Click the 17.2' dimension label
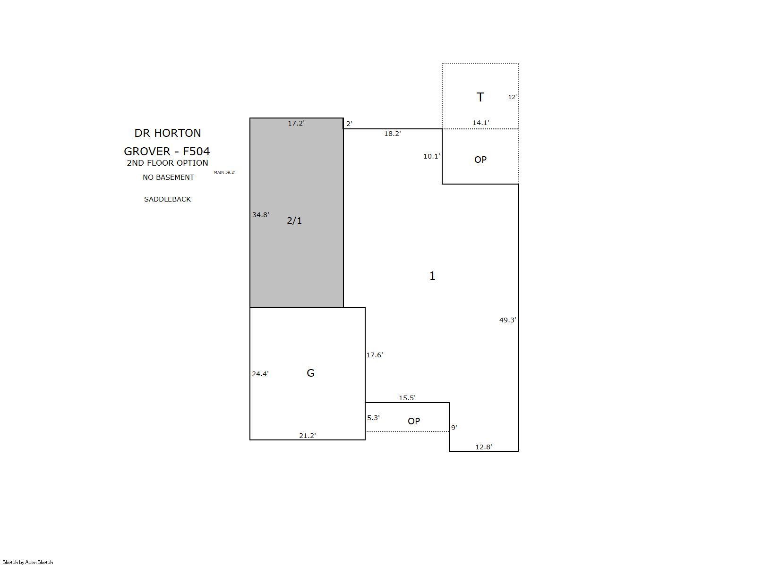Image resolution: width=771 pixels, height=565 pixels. click(x=296, y=123)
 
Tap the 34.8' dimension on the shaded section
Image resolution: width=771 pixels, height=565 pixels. click(x=261, y=215)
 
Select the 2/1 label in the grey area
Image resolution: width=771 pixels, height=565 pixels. click(x=294, y=220)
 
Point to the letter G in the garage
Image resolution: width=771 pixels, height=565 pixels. click(x=310, y=373)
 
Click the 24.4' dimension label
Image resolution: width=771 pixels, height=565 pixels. click(x=260, y=374)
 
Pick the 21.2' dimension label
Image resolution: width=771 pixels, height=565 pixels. click(x=308, y=436)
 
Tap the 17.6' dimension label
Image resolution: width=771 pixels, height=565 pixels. click(x=375, y=355)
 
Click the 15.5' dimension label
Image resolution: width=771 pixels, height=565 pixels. click(x=407, y=398)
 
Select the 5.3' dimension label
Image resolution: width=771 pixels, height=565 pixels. click(x=373, y=417)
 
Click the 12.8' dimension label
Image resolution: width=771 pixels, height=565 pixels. click(x=484, y=447)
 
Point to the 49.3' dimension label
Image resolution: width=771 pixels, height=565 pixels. click(x=508, y=320)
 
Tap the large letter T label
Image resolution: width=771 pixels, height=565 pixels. click(x=480, y=97)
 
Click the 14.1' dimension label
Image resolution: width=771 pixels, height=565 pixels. click(x=481, y=122)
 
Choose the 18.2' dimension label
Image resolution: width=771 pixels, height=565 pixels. click(x=393, y=134)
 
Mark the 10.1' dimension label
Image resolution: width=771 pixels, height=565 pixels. click(x=432, y=156)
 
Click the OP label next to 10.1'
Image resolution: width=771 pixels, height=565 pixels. click(x=480, y=160)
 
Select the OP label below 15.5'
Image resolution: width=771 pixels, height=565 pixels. click(x=414, y=421)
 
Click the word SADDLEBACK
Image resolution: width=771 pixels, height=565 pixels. click(x=167, y=199)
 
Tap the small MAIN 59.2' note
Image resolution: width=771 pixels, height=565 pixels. click(x=224, y=172)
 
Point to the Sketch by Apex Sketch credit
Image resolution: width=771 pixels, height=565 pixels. click(x=28, y=562)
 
